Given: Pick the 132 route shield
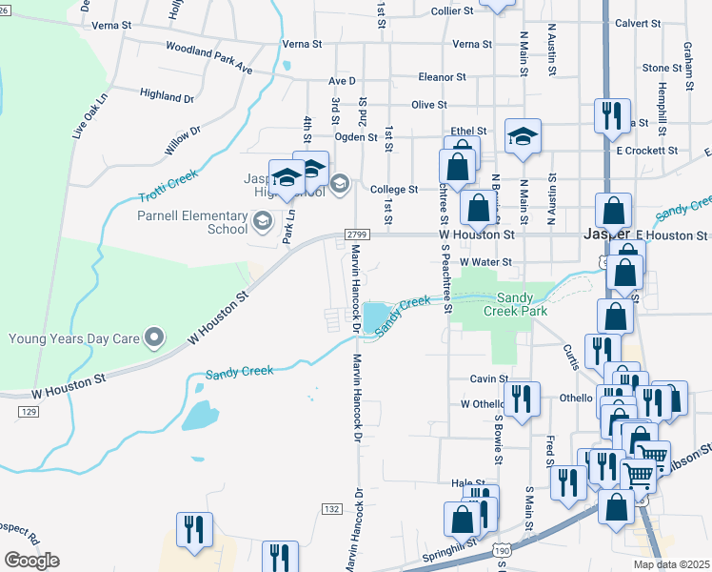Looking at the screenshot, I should coord(331,509).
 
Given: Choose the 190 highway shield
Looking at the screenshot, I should coord(502,549).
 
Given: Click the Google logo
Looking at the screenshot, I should coord(31,561).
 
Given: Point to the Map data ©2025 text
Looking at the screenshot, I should coord(672,564).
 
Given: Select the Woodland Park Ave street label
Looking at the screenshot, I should coord(208,57).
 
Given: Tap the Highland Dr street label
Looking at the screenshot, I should coord(167,95).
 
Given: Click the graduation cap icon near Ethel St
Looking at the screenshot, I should coord(523,137).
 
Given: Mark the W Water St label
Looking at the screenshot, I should coord(485,261).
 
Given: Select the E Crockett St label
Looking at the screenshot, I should coord(646,151).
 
